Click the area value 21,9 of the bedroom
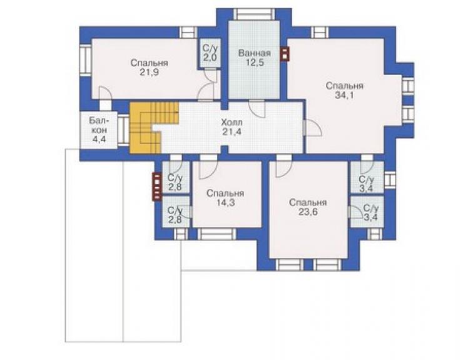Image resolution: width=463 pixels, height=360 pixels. point(149,73)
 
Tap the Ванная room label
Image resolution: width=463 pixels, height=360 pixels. point(254,53)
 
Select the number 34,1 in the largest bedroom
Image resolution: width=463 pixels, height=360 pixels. point(344,95)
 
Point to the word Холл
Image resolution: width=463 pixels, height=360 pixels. point(232,122)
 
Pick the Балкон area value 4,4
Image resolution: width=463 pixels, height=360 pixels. point(99,139)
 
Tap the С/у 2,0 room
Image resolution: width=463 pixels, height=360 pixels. point(210,53)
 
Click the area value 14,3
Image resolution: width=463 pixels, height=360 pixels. point(225,203)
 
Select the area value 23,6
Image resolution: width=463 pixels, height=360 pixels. point(308,212)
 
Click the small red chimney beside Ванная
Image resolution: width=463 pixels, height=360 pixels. point(285,54)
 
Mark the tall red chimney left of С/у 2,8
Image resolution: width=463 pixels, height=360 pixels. point(157,187)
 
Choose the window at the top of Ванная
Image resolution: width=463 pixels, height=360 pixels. point(254,14)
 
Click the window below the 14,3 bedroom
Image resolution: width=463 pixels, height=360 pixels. point(216,234)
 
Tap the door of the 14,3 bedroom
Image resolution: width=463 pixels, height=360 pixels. point(208,167)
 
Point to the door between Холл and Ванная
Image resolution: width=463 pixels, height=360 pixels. point(257,109)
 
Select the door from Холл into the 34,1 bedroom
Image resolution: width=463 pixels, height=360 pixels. point(312,128)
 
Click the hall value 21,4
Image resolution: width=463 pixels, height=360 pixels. point(232,131)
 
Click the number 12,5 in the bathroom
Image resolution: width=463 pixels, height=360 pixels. point(254,63)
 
